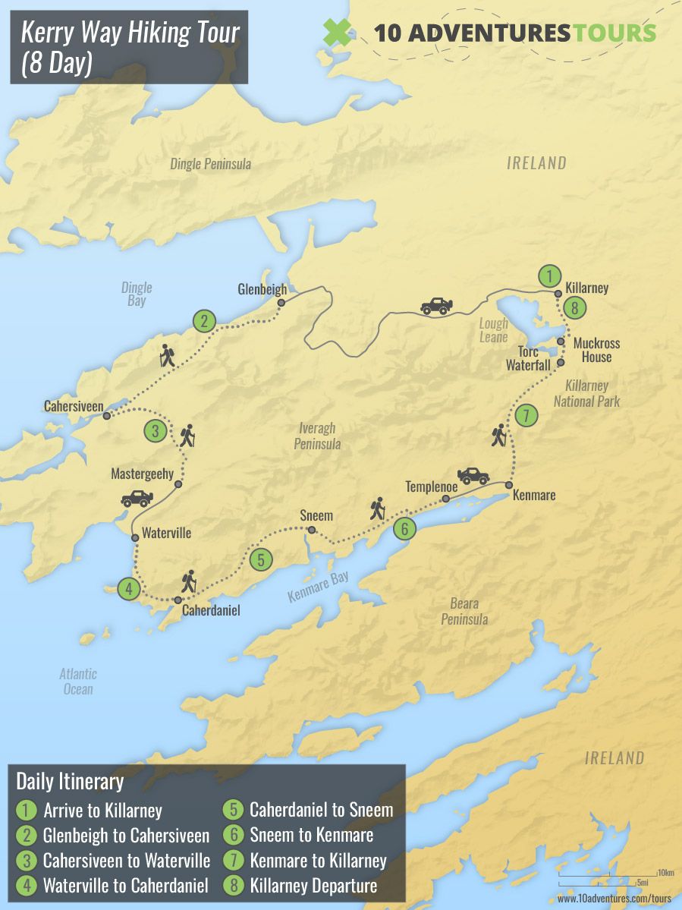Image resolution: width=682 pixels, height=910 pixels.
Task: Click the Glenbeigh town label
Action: coord(262,289)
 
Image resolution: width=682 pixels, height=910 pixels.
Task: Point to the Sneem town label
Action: coord(316,515)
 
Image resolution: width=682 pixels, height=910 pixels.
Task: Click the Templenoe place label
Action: coord(431,486)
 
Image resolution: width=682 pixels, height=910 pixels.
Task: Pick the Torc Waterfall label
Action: coord(528,358)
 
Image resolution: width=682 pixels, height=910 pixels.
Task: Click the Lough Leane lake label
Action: coord(494,330)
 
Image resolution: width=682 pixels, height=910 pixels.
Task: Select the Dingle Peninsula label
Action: coord(210,164)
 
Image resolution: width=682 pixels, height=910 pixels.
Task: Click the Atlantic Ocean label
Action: coord(78,682)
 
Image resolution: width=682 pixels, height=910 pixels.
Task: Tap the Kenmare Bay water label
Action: coord(318,588)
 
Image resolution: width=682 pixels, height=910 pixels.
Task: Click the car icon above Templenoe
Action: coord(473,476)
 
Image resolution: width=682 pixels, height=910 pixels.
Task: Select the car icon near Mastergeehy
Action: coord(137,499)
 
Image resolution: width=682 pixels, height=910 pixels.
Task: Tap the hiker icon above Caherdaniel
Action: coord(188,581)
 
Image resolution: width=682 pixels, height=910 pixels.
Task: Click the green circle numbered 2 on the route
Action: coord(203,321)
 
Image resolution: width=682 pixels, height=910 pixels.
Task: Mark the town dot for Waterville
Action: coord(135,537)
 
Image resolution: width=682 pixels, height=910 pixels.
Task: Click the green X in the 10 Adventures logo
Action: coord(337,33)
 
